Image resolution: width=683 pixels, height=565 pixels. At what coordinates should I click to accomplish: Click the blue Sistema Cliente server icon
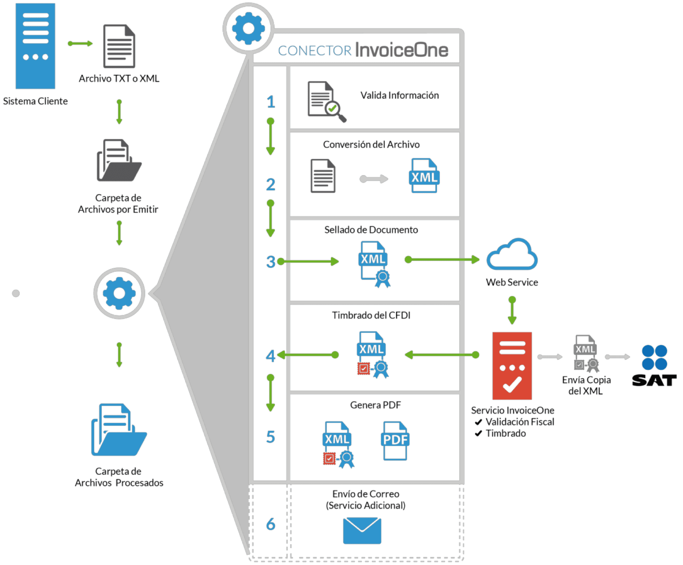pyautogui.click(x=36, y=46)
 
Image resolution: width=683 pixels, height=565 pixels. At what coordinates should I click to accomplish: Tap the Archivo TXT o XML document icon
pyautogui.click(x=119, y=46)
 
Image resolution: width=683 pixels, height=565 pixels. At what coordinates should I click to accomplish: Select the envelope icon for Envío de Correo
pyautogui.click(x=362, y=530)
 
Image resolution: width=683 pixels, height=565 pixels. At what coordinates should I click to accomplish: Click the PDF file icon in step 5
pyautogui.click(x=395, y=440)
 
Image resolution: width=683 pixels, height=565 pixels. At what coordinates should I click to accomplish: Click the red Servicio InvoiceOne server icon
pyautogui.click(x=512, y=366)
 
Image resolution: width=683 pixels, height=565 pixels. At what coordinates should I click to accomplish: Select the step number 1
pyautogui.click(x=271, y=102)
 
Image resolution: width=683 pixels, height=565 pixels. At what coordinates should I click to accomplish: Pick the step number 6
pyautogui.click(x=270, y=524)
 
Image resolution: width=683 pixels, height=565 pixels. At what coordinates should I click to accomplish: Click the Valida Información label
pyautogui.click(x=399, y=95)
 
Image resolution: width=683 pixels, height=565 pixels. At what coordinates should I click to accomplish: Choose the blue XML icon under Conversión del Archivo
pyautogui.click(x=424, y=176)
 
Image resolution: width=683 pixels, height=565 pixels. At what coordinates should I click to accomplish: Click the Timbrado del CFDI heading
pyautogui.click(x=371, y=315)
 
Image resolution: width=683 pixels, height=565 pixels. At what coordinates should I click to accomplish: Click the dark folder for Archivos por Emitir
pyautogui.click(x=119, y=161)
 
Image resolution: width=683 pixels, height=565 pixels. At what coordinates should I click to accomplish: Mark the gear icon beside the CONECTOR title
pyautogui.click(x=248, y=28)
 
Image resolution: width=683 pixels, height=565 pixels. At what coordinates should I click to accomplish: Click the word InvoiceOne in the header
pyautogui.click(x=402, y=50)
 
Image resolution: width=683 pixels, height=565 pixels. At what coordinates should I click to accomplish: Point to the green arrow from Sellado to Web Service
pyautogui.click(x=442, y=259)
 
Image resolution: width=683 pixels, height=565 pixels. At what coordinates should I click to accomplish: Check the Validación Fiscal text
pyautogui.click(x=519, y=422)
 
